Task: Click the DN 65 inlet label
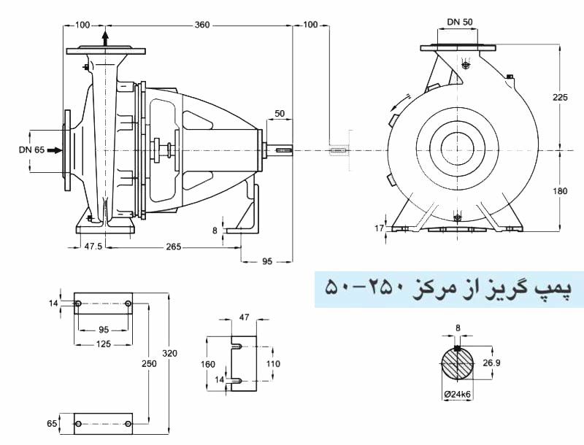[31, 150]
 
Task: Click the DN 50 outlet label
[460, 22]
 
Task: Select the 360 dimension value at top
[202, 25]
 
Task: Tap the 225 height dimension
[560, 98]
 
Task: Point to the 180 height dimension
[560, 191]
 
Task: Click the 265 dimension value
[174, 247]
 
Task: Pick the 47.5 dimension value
[93, 247]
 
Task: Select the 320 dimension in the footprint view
[169, 353]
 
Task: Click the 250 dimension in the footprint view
[149, 363]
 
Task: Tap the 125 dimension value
[103, 344]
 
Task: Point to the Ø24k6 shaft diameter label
[458, 395]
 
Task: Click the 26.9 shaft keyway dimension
[491, 363]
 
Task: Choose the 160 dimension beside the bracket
[208, 364]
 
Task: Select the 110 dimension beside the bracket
[273, 363]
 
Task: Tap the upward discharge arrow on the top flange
[106, 38]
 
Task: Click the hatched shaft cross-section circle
[458, 363]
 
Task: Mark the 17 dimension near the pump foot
[379, 228]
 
